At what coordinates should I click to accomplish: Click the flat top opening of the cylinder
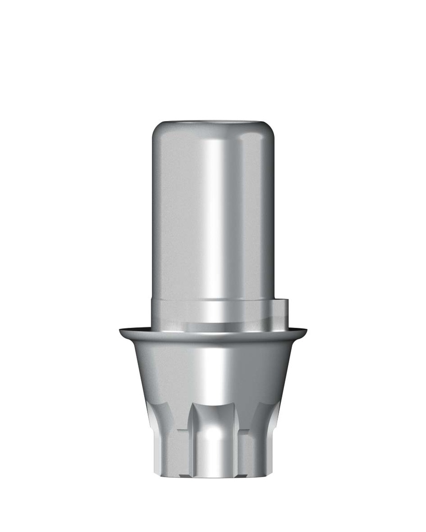(213, 123)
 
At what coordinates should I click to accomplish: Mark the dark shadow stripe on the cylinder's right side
(267, 218)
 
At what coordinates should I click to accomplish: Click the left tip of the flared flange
(121, 330)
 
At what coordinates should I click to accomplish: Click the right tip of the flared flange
(305, 330)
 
